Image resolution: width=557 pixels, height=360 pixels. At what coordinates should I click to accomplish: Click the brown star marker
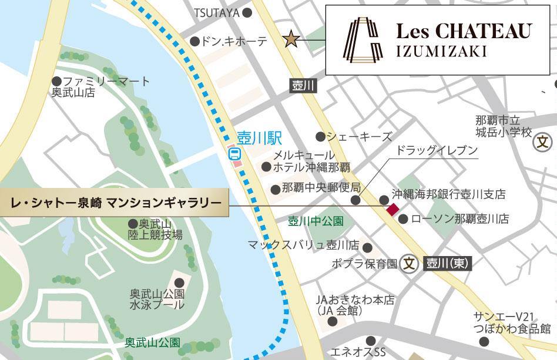pos(291,39)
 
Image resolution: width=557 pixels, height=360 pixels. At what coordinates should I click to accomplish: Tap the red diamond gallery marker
pos(391,208)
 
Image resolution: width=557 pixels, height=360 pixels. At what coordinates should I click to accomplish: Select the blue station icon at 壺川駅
pos(234,154)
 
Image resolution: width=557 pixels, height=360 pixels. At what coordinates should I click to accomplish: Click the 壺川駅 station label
pos(259,139)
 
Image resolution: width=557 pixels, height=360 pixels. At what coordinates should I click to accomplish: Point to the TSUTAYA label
pos(217,12)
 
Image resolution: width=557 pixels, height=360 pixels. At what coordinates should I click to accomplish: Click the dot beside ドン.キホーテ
pos(194,41)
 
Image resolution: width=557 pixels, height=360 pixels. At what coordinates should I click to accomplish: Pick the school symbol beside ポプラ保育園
pos(409,264)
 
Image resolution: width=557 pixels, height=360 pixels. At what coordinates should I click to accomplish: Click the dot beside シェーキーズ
pos(320,137)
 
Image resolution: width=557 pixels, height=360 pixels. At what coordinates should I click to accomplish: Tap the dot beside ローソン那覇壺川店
pos(403,219)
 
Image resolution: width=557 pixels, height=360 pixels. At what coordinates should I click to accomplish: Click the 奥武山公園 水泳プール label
pos(157,299)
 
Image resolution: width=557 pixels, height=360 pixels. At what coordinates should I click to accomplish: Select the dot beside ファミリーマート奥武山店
pos(56,81)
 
